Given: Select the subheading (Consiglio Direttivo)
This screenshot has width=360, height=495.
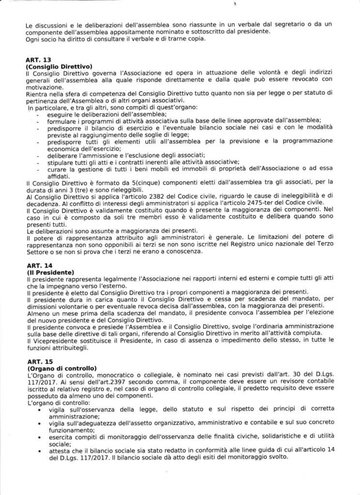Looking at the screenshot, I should point(59,66).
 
